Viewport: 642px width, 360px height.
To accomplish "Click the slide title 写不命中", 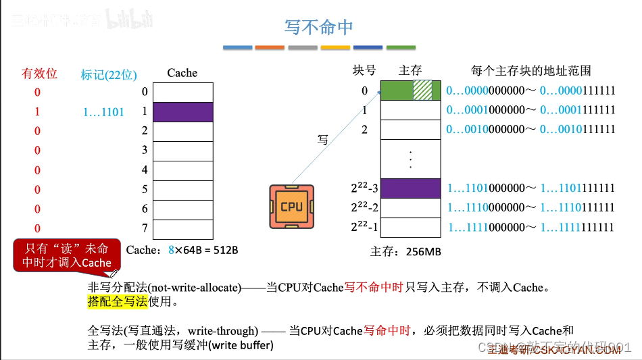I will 319,27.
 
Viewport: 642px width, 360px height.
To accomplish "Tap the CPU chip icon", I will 291,205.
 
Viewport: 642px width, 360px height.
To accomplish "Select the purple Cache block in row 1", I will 182,111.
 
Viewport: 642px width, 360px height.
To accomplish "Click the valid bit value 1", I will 37,111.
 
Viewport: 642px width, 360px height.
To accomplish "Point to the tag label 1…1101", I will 103,112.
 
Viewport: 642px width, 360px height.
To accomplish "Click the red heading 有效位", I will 40,74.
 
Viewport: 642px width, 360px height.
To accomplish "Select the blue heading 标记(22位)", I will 109,74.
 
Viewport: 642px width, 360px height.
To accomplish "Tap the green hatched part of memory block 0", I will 422,91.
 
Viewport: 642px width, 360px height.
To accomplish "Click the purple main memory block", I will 410,188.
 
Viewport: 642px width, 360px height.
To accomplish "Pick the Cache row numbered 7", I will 182,228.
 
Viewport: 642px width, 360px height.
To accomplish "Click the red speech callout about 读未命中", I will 66,255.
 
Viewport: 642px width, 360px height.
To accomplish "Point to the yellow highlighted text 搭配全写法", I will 118,302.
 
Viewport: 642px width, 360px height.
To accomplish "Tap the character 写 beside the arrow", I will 323,140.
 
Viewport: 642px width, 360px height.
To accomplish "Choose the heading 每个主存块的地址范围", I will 531,70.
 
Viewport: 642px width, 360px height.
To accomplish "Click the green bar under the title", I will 401,47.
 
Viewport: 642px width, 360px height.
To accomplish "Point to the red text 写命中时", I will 387,331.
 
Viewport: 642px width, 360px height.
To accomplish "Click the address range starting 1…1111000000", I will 530,227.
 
